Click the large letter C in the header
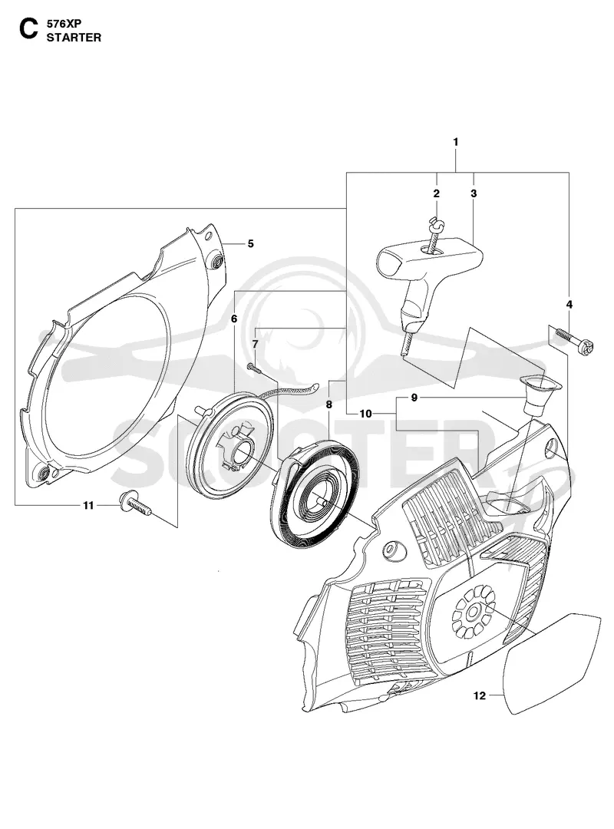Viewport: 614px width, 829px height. point(28,30)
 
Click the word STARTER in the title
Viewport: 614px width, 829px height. point(74,38)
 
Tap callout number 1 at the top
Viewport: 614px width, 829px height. point(455,142)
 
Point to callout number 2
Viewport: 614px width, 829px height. point(436,193)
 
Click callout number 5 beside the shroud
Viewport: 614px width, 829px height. point(251,243)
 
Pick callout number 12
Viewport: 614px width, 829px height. point(479,695)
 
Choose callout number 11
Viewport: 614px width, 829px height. point(88,505)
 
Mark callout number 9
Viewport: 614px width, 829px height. point(414,397)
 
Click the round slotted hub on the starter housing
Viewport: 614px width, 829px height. point(473,616)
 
